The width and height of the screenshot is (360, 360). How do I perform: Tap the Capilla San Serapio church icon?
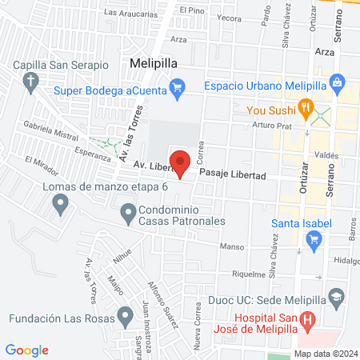[31, 81]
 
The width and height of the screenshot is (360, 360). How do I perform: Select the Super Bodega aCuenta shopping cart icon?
[178, 88]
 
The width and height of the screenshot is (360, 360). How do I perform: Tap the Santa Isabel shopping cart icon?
[314, 238]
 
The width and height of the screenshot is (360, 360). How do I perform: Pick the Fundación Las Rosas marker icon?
[124, 316]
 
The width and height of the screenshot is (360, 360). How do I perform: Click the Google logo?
[27, 350]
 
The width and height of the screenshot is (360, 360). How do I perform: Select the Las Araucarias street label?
[129, 14]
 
